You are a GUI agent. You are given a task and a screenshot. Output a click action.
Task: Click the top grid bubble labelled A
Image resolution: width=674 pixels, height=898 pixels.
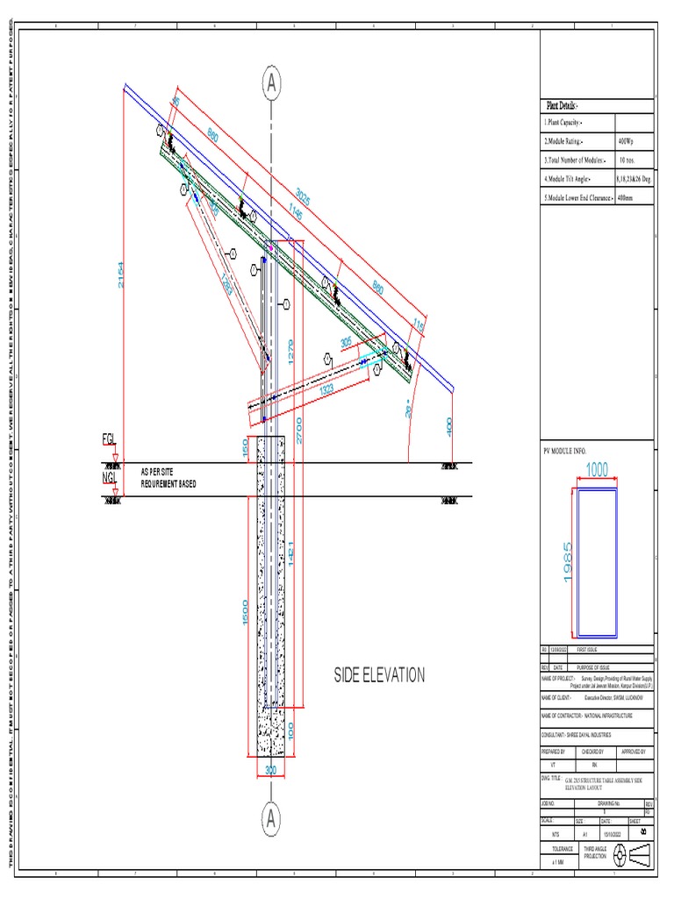pos(272,84)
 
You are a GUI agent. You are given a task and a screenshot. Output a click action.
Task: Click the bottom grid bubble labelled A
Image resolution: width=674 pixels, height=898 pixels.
pos(272,819)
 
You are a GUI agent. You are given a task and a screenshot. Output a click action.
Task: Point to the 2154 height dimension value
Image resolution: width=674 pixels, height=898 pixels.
pos(122,279)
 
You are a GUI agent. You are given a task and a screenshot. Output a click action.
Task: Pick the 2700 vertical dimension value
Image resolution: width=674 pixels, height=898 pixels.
pos(300,428)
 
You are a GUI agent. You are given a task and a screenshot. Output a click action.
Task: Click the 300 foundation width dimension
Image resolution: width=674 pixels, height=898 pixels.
pos(270,770)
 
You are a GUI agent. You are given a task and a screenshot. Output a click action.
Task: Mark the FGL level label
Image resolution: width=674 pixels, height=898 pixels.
pos(109,439)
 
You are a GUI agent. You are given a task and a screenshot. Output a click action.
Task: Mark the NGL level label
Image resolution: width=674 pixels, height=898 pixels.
pos(109,478)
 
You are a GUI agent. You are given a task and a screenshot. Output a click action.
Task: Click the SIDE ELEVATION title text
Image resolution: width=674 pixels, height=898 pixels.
pos(379,675)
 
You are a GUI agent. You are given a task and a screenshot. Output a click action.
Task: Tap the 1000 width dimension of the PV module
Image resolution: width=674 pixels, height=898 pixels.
pos(597,471)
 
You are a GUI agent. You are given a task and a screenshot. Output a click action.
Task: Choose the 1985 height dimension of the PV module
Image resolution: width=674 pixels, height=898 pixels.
pos(569,561)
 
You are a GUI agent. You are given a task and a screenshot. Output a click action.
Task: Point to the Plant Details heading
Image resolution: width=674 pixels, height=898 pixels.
pos(563,105)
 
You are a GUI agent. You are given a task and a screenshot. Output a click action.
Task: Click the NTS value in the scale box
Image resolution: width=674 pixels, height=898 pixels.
pos(555,834)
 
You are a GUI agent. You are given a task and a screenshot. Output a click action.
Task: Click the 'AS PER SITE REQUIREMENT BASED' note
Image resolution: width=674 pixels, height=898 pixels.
pos(169,478)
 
